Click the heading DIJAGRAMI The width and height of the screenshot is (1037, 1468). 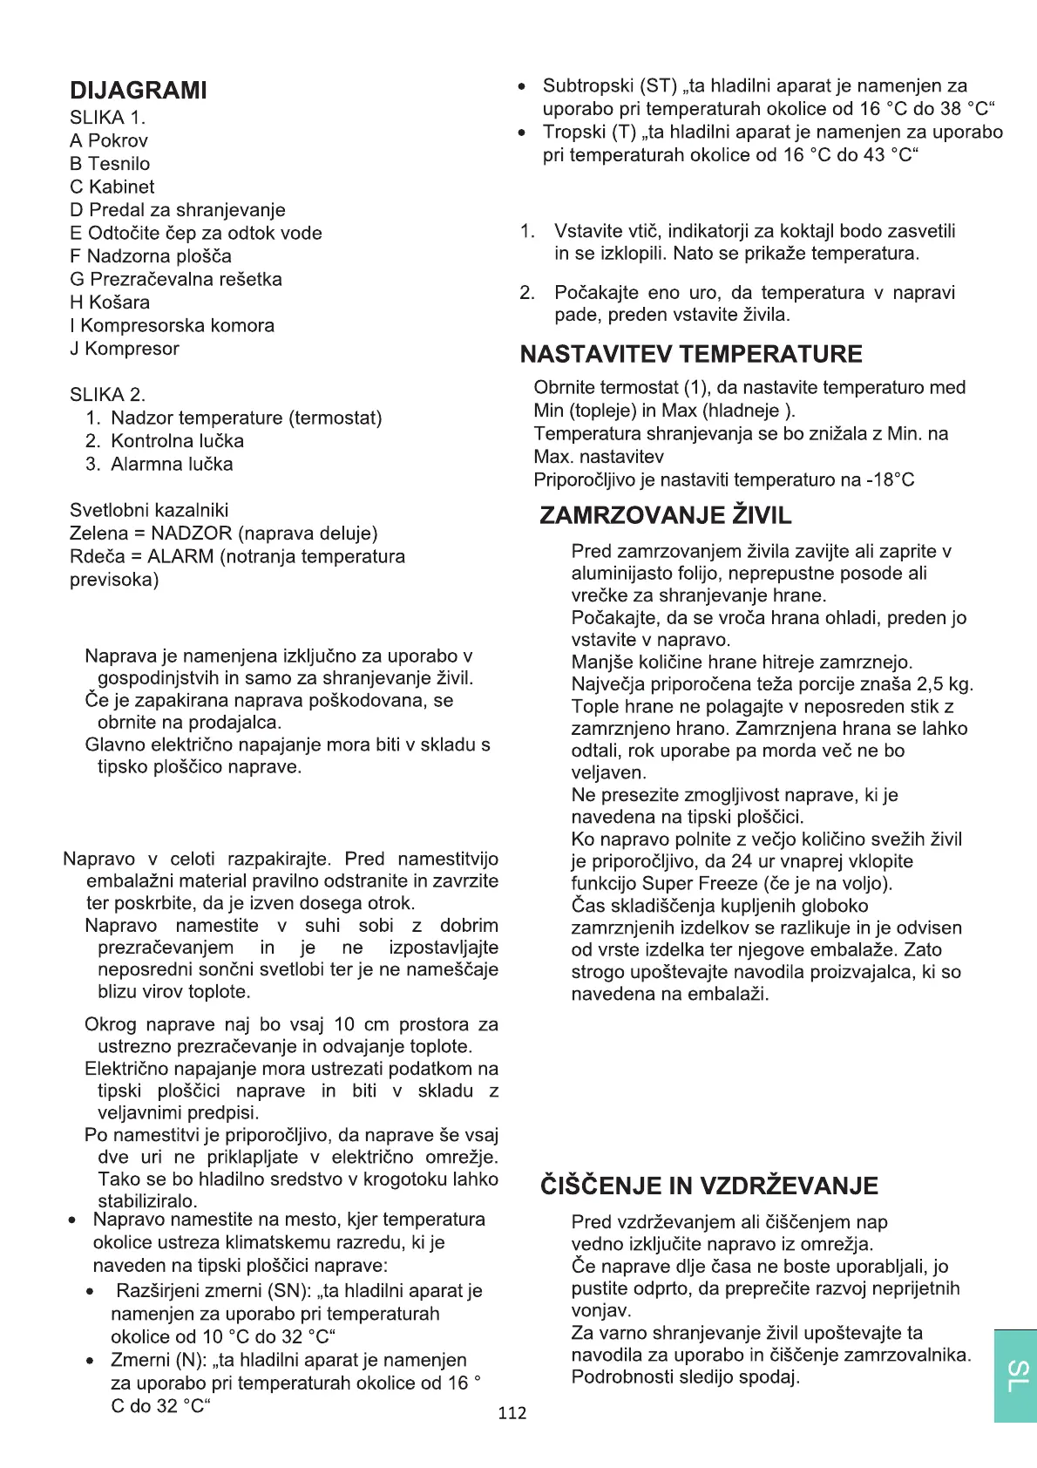(139, 91)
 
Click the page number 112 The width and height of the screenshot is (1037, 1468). (512, 1413)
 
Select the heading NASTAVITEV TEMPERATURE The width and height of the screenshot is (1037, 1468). (691, 354)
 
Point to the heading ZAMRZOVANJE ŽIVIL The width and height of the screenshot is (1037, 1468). (666, 515)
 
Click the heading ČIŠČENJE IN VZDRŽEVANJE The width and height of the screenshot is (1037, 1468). (709, 1186)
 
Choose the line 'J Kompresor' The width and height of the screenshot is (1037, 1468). (125, 349)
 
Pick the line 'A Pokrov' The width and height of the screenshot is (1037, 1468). (109, 140)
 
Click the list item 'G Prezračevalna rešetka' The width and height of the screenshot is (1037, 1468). (176, 279)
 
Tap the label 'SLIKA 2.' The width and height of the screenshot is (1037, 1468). (108, 395)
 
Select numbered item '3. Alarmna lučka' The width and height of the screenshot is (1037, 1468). (159, 464)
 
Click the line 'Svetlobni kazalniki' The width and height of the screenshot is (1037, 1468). (149, 510)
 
